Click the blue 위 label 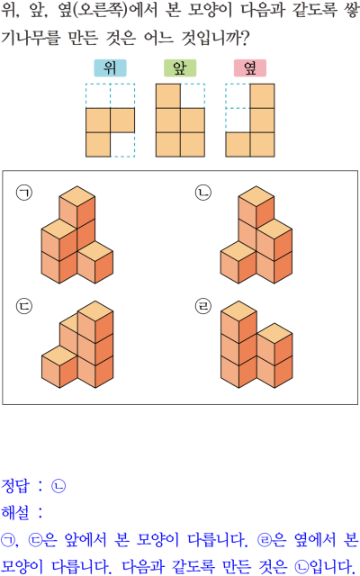pyautogui.click(x=110, y=68)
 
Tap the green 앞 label pyautogui.click(x=180, y=68)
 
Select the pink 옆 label pyautogui.click(x=250, y=68)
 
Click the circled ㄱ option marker pyautogui.click(x=24, y=193)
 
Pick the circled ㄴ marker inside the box pyautogui.click(x=203, y=193)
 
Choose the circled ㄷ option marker pyautogui.click(x=24, y=306)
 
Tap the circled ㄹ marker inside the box pyautogui.click(x=203, y=306)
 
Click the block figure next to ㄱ pyautogui.click(x=77, y=235)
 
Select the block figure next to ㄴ pyautogui.click(x=256, y=235)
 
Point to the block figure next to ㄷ pyautogui.click(x=77, y=345)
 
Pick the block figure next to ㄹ pyautogui.click(x=256, y=345)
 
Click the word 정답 pyautogui.click(x=14, y=486)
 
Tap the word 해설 pyautogui.click(x=14, y=512)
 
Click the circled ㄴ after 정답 pyautogui.click(x=58, y=486)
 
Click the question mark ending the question pyautogui.click(x=244, y=38)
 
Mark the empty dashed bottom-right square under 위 pyautogui.click(x=122, y=145)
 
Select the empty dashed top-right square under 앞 pyautogui.click(x=193, y=96)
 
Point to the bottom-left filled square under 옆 pyautogui.click(x=238, y=145)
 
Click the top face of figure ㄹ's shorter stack pyautogui.click(x=274, y=334)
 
